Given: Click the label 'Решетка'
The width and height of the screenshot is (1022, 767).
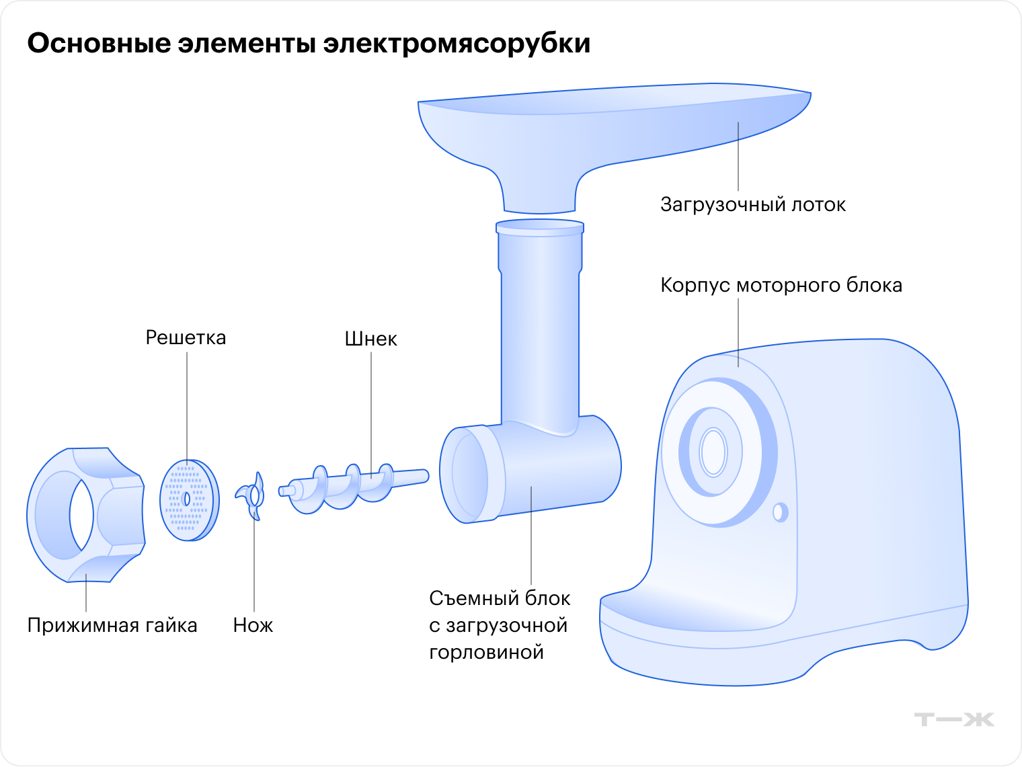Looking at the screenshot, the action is point(186,338).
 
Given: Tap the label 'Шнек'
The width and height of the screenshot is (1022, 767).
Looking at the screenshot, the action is point(370,339).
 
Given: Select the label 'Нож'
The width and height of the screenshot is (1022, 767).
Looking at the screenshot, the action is point(253,625).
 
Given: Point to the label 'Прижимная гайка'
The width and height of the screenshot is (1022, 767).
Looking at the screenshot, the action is point(112,626).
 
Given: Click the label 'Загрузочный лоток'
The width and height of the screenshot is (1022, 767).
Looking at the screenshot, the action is point(753,205).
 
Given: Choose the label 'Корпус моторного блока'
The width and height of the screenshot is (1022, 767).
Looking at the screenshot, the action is point(781,285).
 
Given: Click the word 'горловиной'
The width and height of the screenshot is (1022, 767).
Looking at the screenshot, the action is point(487,653).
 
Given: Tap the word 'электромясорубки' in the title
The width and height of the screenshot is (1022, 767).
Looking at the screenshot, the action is point(457,43).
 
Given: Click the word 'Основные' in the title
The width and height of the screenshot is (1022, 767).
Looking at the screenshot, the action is point(99,43).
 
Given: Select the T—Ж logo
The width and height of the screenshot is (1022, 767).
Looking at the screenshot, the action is point(954,719).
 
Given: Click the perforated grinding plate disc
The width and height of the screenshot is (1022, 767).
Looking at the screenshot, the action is point(189,500).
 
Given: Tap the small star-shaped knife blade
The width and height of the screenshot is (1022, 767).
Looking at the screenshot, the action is point(252,496).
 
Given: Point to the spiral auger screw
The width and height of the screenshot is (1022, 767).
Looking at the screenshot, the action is point(354,488).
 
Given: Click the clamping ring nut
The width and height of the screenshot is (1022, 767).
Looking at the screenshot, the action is point(85,514).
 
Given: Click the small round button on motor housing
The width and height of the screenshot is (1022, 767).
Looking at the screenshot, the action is point(781,512).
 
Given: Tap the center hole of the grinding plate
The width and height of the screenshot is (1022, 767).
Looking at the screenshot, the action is point(187,499).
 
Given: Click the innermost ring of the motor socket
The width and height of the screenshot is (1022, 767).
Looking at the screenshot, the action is point(713,452).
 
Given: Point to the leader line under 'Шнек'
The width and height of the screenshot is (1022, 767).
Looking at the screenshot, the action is point(371,415).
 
